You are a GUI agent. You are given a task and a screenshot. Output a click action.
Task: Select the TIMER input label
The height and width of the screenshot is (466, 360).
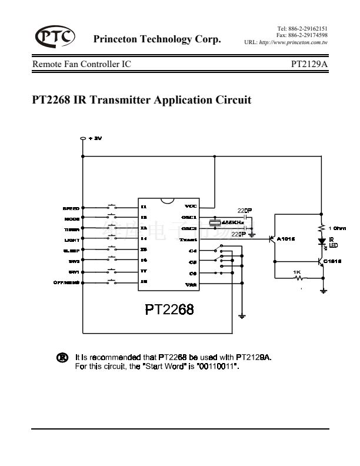click(72, 229)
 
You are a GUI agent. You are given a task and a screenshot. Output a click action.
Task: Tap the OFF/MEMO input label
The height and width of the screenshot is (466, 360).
click(66, 283)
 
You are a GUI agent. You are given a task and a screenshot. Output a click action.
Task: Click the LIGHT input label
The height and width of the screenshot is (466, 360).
click(72, 240)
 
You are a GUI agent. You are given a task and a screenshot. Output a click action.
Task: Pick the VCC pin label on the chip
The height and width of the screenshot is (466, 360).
click(191, 207)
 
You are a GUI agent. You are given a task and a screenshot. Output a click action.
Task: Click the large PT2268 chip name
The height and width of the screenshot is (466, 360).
click(169, 309)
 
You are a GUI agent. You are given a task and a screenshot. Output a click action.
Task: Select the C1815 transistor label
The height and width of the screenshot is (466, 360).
click(332, 261)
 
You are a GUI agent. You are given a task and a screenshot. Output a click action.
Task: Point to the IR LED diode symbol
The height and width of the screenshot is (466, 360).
click(322, 241)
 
